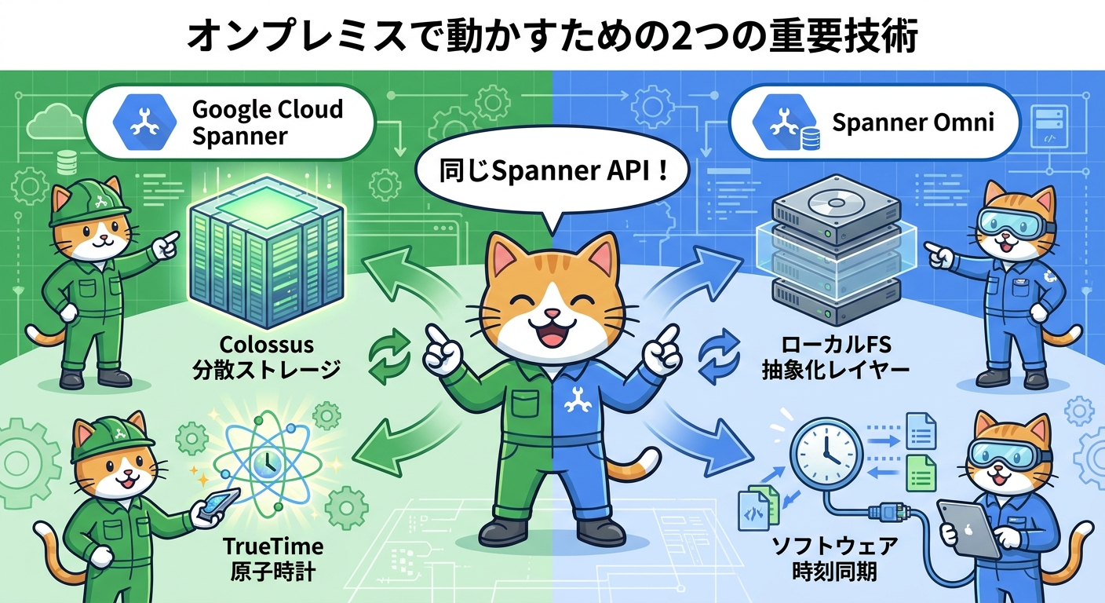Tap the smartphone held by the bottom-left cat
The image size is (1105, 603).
[x=216, y=506]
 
